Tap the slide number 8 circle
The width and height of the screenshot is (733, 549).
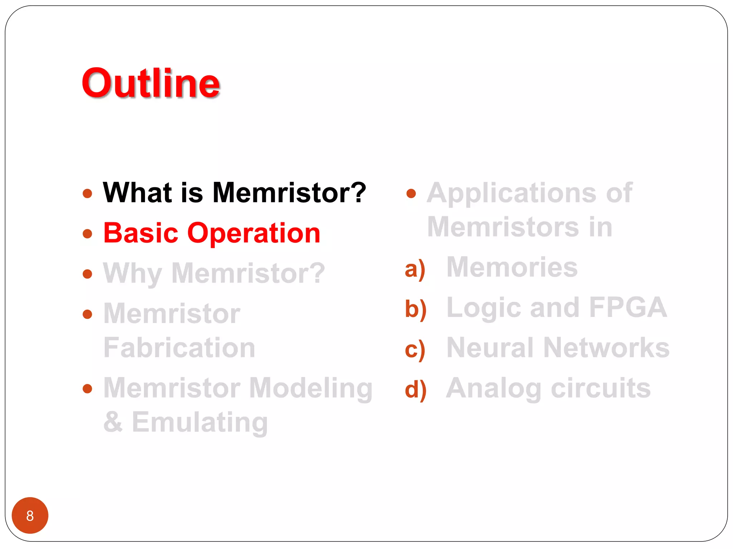tap(30, 515)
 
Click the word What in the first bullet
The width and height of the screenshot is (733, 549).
tap(137, 193)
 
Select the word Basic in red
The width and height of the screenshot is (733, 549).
tap(141, 233)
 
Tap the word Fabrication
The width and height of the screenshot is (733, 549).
tap(179, 348)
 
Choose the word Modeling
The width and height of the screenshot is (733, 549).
tap(311, 389)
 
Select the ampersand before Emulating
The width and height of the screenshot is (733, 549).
tap(113, 422)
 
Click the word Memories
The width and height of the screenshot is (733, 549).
tap(512, 267)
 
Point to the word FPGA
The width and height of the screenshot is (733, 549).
tap(628, 307)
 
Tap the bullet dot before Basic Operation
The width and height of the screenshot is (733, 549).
tap(87, 234)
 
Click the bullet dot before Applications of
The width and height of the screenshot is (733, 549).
tap(411, 194)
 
